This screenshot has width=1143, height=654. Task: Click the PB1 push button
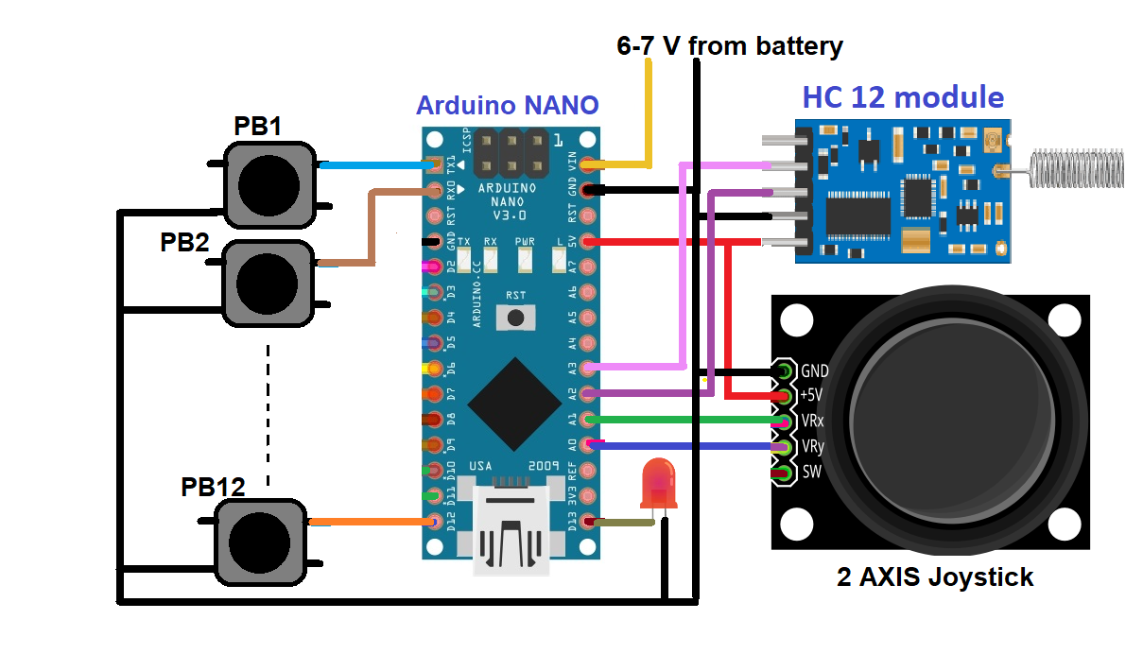pyautogui.click(x=268, y=184)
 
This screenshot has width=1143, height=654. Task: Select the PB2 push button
pyautogui.click(x=267, y=282)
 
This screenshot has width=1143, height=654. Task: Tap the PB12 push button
pyautogui.click(x=260, y=542)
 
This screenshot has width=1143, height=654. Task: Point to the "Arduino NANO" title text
pyautogui.click(x=508, y=105)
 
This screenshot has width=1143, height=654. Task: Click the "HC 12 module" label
pyautogui.click(x=903, y=96)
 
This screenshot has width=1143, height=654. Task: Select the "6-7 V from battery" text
pyautogui.click(x=730, y=44)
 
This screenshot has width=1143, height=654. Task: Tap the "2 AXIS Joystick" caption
pyautogui.click(x=934, y=577)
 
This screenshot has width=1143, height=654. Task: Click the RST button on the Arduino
pyautogui.click(x=515, y=318)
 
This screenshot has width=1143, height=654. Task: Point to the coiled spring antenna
pyautogui.click(x=1078, y=167)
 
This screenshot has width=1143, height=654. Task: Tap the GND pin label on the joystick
pyautogui.click(x=815, y=370)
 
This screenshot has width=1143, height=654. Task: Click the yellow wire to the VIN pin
pyautogui.click(x=649, y=113)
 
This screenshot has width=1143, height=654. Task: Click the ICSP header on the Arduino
pyautogui.click(x=511, y=153)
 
